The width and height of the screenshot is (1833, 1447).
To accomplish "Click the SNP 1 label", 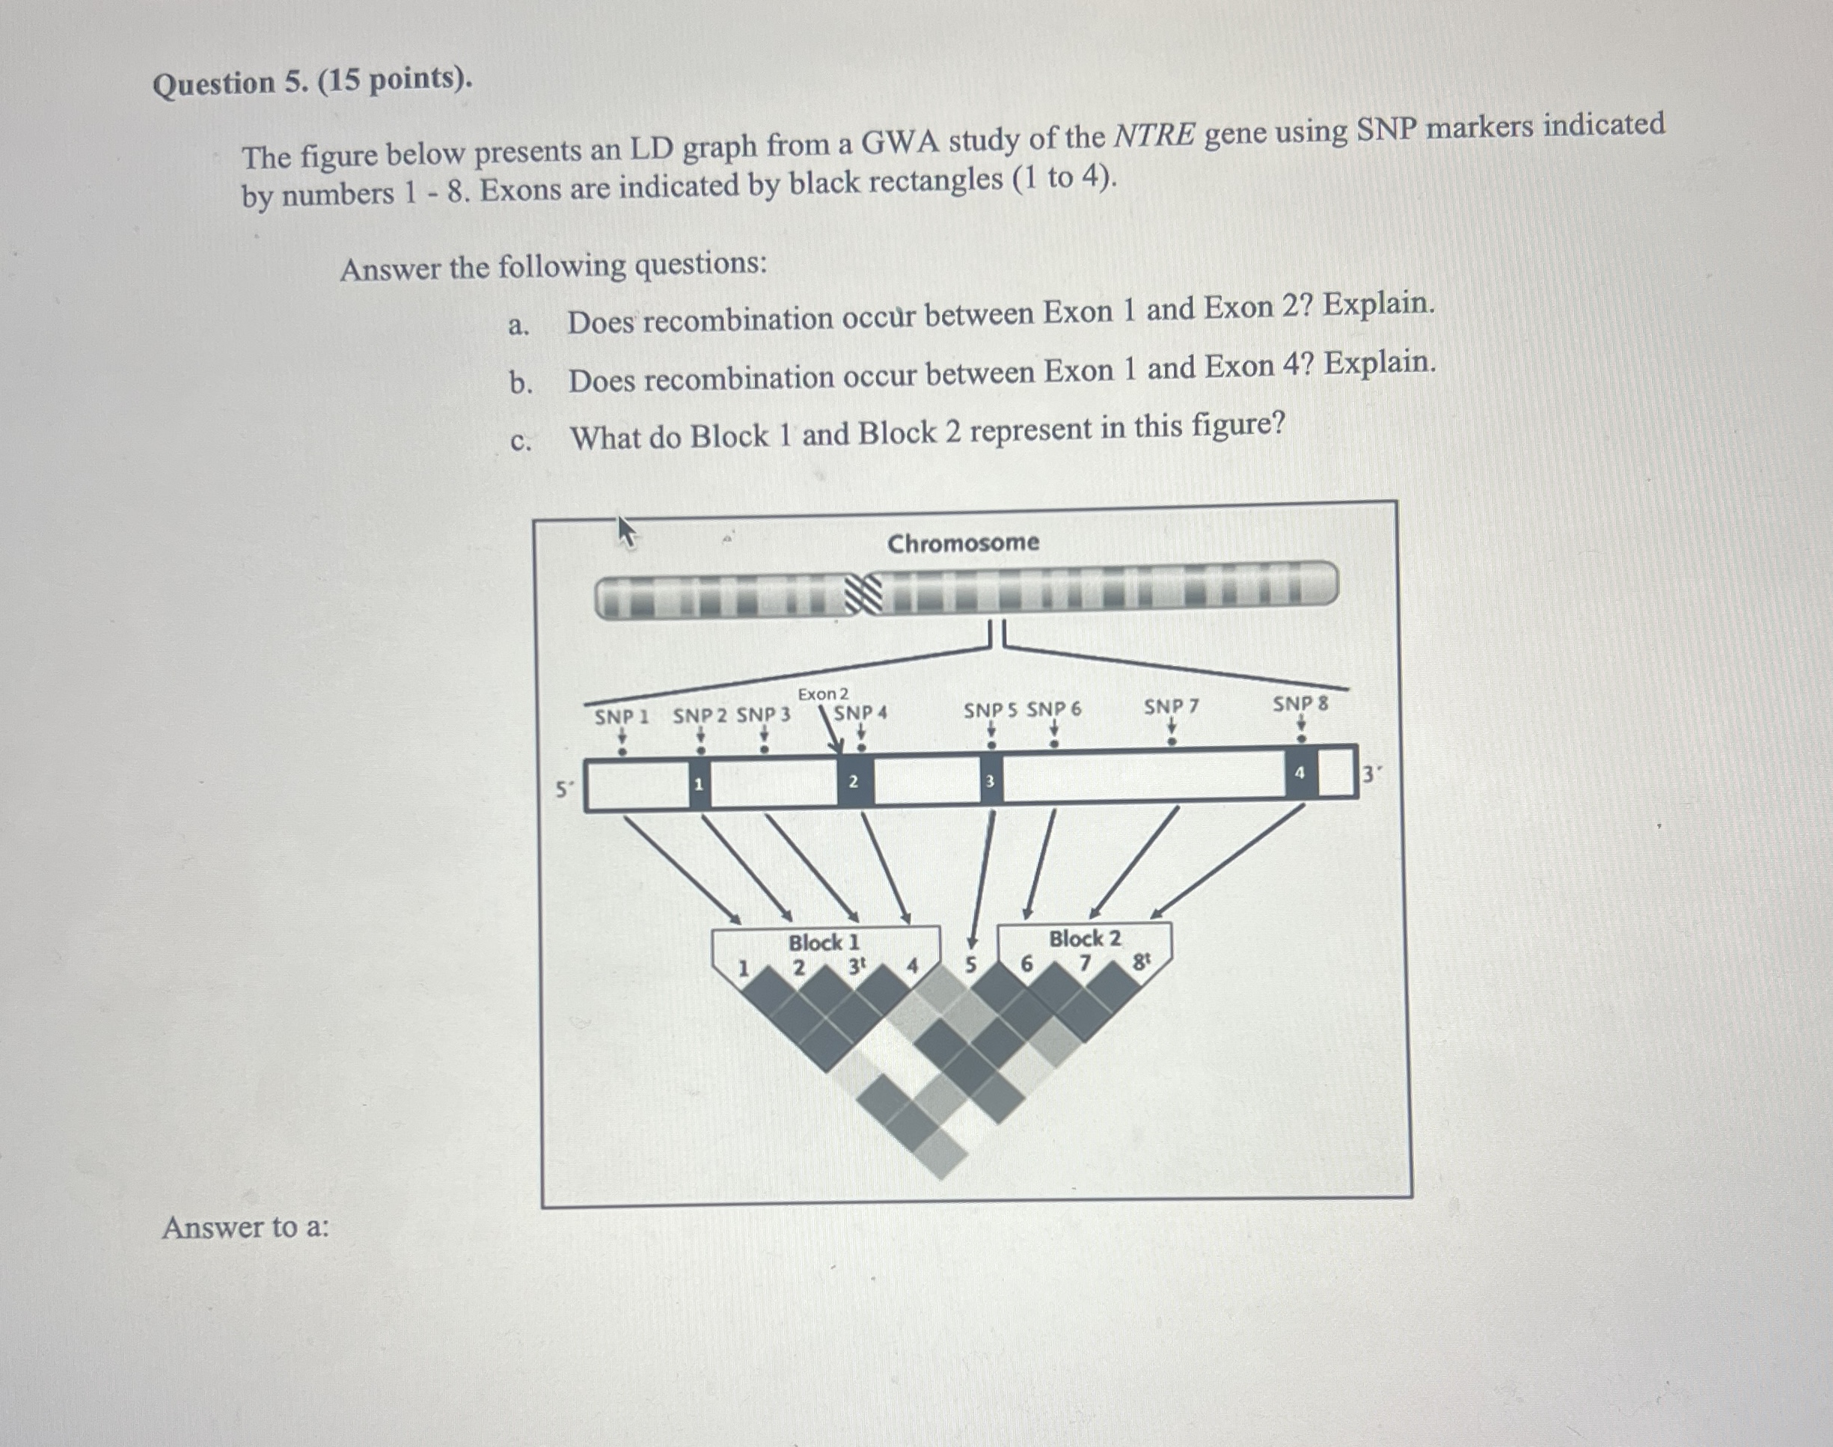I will [x=621, y=717].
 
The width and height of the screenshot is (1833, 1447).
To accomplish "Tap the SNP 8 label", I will [x=1300, y=703].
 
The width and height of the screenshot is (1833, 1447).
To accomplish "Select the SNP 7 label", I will [x=1171, y=706].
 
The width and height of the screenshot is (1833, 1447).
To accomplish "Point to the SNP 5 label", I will [x=990, y=710].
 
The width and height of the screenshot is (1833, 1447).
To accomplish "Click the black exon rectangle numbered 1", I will [x=699, y=783].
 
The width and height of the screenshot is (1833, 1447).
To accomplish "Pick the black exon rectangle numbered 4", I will [x=1300, y=772].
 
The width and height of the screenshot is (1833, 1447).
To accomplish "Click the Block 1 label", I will [x=823, y=942].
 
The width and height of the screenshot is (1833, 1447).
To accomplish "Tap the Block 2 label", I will [x=1084, y=937].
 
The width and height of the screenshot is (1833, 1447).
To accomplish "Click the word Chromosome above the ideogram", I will [x=963, y=542].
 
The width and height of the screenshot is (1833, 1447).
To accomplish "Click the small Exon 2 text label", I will [x=822, y=694].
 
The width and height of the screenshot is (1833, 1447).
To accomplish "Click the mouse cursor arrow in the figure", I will [x=625, y=532].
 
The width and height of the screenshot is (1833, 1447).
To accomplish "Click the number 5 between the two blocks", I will [x=970, y=964].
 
